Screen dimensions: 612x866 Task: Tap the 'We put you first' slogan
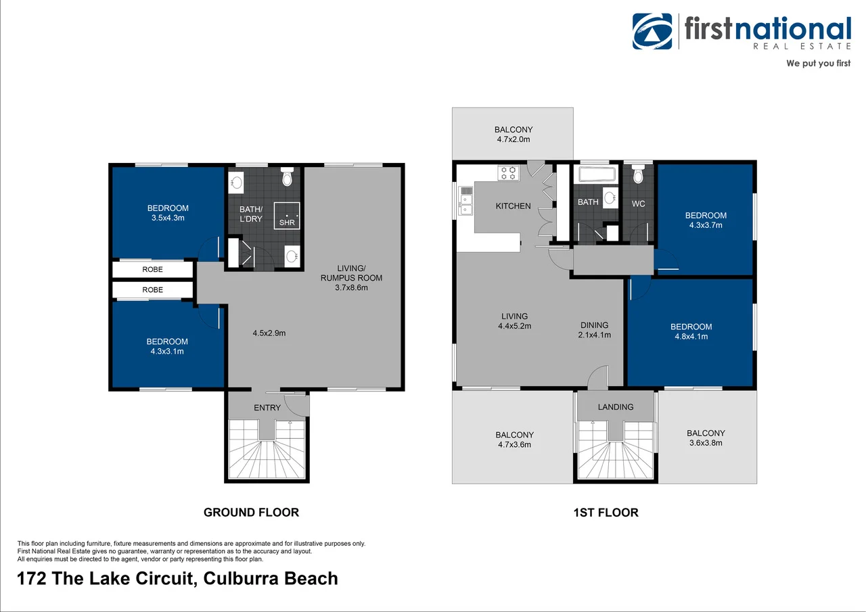[817, 64]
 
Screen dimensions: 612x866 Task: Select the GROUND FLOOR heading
[251, 512]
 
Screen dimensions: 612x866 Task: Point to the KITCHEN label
[513, 206]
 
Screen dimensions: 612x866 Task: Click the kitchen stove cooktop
[508, 173]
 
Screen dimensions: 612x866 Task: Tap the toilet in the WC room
[637, 176]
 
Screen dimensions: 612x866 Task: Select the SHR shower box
[287, 214]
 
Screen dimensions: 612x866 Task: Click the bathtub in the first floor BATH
[595, 175]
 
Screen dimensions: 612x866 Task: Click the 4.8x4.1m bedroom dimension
[691, 336]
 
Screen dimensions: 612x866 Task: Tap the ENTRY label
[267, 408]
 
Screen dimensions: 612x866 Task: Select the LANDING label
[616, 407]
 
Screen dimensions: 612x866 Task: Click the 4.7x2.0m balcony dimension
[514, 139]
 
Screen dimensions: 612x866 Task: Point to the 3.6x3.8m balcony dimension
[706, 443]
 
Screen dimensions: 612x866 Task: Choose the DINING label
[594, 325]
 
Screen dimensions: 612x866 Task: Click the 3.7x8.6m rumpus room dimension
[351, 287]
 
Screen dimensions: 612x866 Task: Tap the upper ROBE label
[152, 269]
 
